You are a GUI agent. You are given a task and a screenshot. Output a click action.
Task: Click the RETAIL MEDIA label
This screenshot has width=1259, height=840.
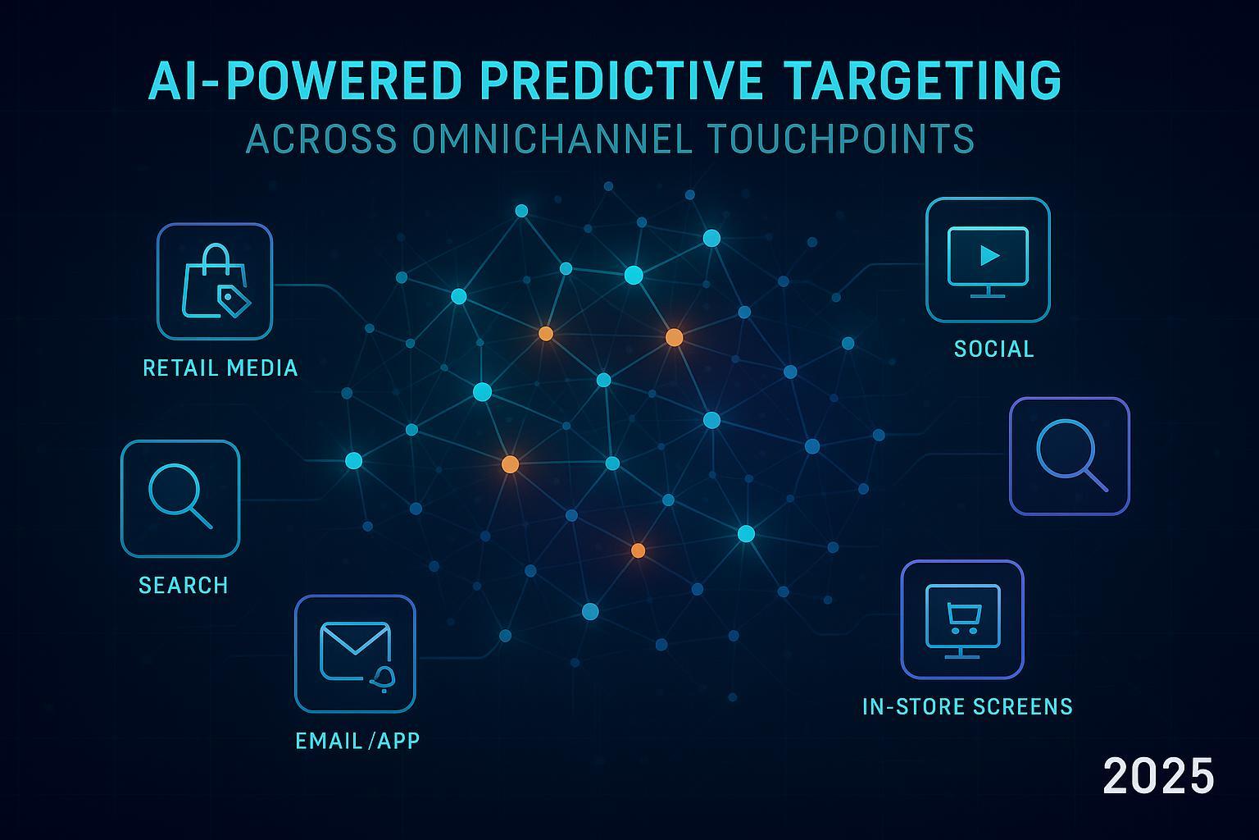coord(220,367)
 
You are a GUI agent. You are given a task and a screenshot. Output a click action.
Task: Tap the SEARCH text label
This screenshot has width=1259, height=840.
coord(184,585)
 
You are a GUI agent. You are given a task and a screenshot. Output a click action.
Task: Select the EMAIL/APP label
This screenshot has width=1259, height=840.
coord(357,741)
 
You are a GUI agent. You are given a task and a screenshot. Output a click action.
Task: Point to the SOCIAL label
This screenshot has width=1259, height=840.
coord(994,349)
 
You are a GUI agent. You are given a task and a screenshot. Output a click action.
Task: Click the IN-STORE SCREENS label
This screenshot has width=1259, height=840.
coord(967,706)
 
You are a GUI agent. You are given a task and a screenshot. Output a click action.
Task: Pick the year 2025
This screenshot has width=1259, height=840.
coord(1158,776)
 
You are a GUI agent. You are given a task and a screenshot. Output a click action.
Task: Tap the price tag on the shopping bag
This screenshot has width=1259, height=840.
coord(233,300)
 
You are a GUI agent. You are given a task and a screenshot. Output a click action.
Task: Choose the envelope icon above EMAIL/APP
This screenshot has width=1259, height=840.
coord(354,650)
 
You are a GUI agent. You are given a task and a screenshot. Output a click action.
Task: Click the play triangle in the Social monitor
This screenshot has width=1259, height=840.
coord(989,255)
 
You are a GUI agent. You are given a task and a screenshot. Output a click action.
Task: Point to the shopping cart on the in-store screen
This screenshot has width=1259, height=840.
coord(962,618)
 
